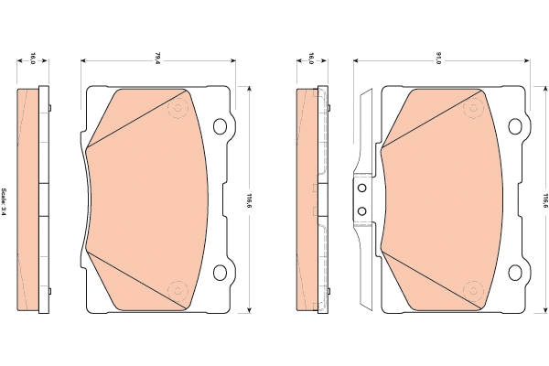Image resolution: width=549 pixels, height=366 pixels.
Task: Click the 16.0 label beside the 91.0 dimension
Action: (x=311, y=58)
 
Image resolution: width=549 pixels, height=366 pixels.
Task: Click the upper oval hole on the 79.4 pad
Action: (x=220, y=126)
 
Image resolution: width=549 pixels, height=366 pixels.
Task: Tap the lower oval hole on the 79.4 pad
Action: (x=220, y=272)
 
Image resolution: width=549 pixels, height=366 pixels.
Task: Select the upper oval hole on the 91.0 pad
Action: (x=515, y=126)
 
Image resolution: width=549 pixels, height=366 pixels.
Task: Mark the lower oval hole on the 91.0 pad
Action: (x=515, y=272)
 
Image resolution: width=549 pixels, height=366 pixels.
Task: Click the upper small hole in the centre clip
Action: (x=361, y=188)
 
